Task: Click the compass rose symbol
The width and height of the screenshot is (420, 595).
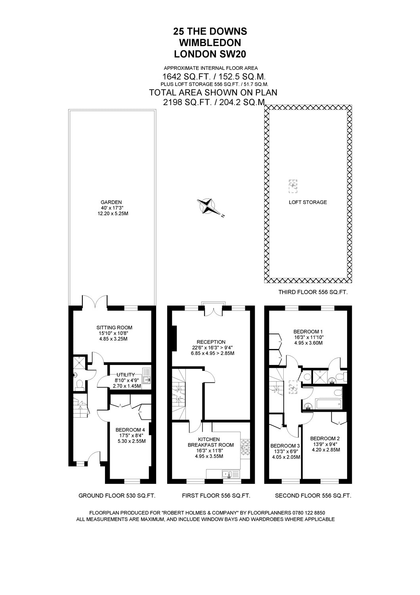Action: click(x=208, y=206)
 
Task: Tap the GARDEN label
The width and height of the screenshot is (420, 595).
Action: click(x=111, y=202)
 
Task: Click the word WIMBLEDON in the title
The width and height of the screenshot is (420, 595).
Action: click(x=210, y=42)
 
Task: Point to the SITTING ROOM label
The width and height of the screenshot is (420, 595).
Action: click(x=114, y=327)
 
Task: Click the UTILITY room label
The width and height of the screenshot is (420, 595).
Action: click(x=126, y=374)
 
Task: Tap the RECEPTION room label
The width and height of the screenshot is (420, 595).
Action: click(x=211, y=342)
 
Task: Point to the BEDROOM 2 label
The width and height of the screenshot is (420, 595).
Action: click(x=325, y=438)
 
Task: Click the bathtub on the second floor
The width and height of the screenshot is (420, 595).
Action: click(x=328, y=404)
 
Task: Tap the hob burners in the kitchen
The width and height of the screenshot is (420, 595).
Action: click(x=245, y=447)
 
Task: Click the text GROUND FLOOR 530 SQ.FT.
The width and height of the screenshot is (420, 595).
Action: click(x=116, y=496)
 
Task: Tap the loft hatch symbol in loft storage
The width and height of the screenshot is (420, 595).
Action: click(x=292, y=186)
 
